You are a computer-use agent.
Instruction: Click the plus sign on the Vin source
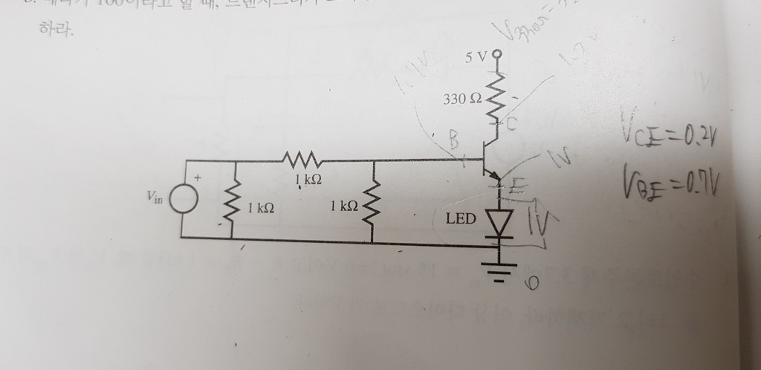[198, 179]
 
